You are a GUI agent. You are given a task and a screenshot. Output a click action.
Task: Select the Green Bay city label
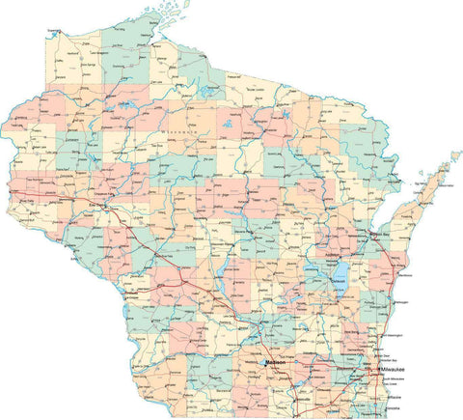tap(376, 235)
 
